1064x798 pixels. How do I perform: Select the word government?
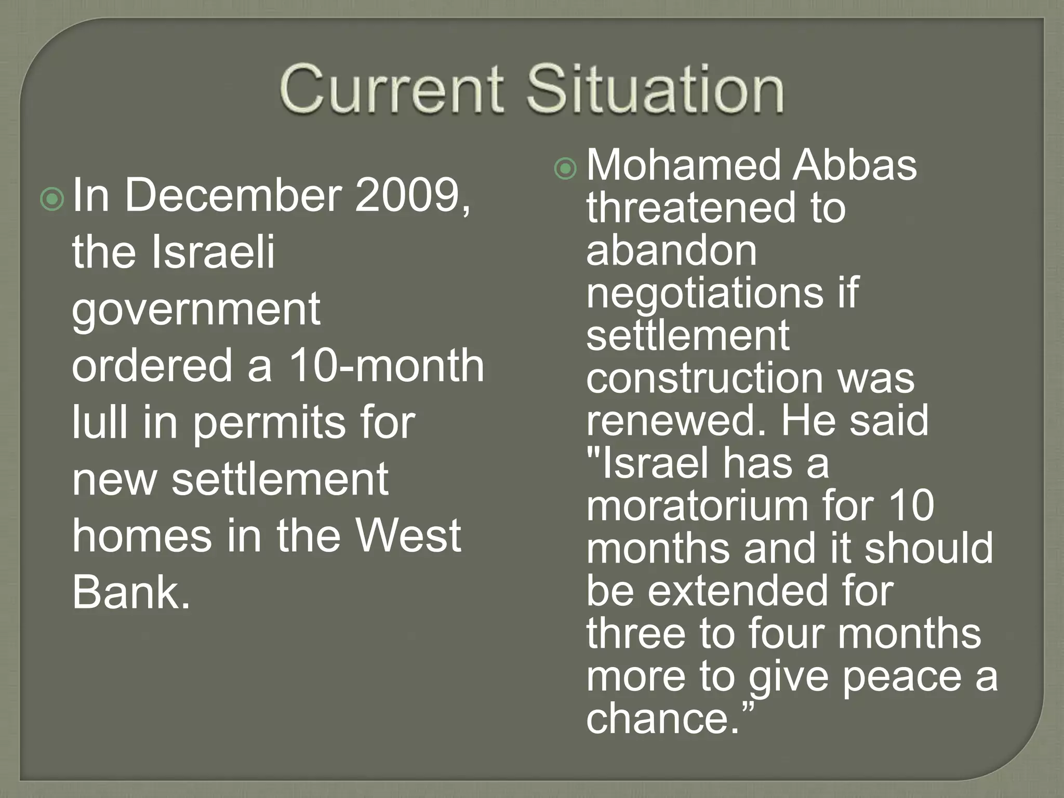(196, 311)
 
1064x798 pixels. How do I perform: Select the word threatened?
(691, 208)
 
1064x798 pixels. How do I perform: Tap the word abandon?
(671, 250)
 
